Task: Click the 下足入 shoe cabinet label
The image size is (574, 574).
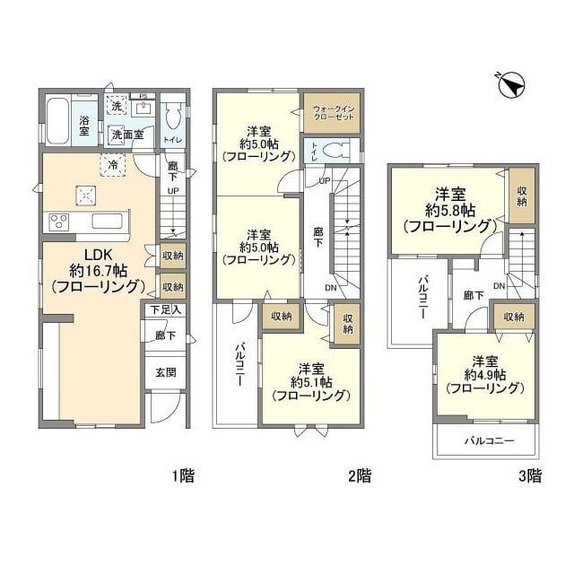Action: [166, 310]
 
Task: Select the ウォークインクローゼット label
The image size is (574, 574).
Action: [331, 114]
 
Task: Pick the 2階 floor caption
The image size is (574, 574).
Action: [359, 475]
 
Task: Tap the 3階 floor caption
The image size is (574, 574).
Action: [528, 475]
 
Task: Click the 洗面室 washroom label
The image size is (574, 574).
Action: [126, 135]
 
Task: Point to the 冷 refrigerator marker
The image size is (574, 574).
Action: [113, 164]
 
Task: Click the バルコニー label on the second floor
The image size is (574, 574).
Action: [240, 363]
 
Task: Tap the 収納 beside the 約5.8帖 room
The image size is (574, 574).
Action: [521, 195]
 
